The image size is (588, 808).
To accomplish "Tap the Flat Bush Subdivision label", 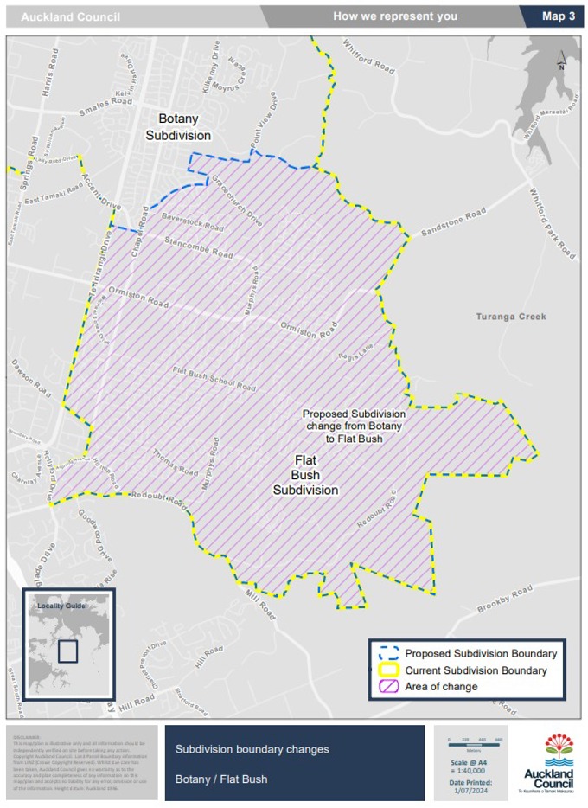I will (305, 475).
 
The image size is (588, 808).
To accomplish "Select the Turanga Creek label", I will (511, 317).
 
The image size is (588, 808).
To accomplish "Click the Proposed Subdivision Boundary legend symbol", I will (386, 653).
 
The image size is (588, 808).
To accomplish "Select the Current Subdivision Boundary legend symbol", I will (386, 670).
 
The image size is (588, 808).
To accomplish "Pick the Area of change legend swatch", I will (386, 687).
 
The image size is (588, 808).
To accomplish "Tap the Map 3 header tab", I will (558, 16).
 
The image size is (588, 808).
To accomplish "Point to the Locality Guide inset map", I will (67, 647).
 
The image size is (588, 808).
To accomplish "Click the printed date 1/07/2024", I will (471, 790).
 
